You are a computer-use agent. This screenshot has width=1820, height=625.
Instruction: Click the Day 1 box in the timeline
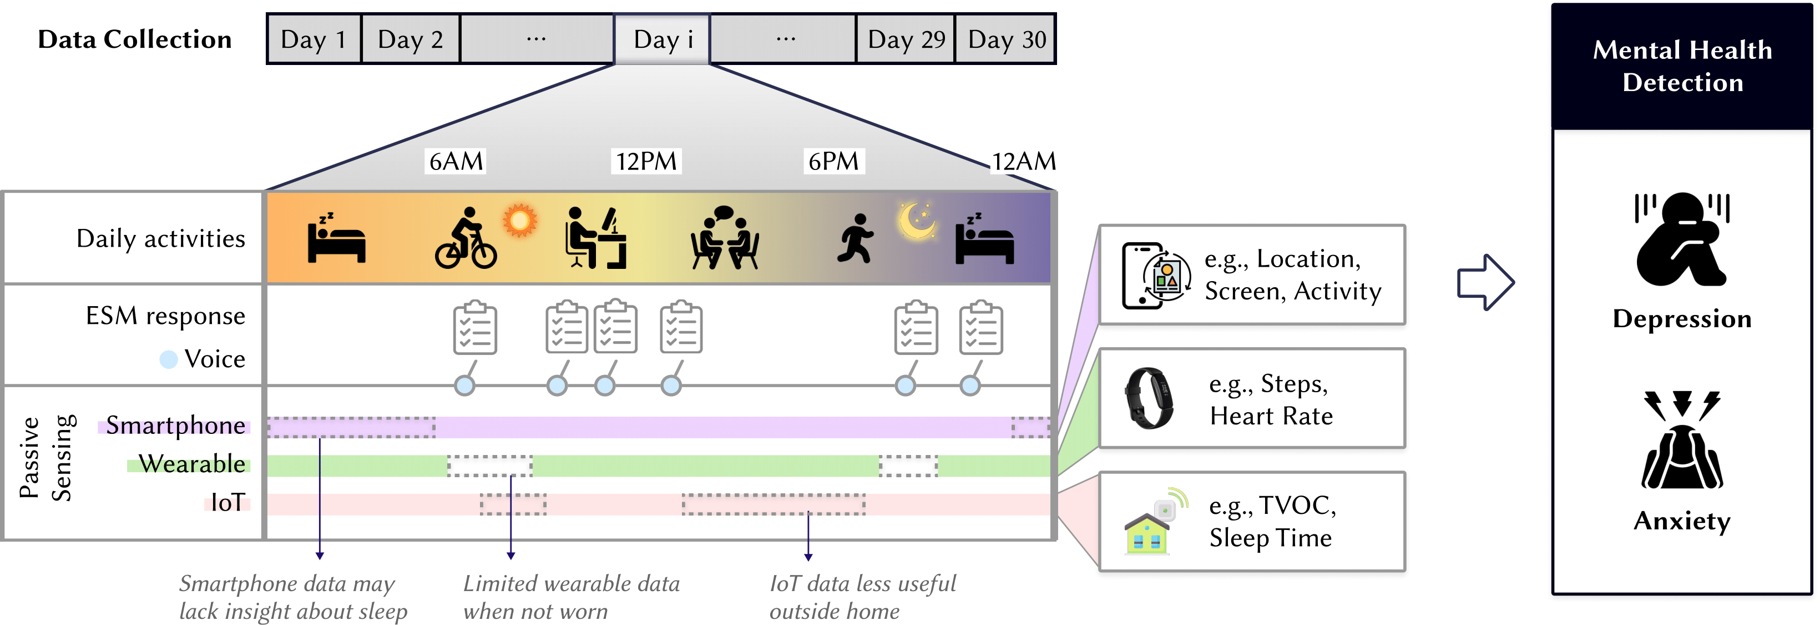[314, 39]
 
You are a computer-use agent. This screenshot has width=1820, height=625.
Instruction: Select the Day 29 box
[906, 39]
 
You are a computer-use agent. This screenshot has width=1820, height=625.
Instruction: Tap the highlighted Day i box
[662, 39]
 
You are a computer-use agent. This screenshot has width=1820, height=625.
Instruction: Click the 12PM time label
[646, 161]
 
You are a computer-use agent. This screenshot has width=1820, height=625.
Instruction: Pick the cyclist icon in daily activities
[466, 239]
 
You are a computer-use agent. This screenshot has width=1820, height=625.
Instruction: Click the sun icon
[520, 221]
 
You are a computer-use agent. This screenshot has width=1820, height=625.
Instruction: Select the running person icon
[856, 239]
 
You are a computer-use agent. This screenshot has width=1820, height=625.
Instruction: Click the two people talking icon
[725, 239]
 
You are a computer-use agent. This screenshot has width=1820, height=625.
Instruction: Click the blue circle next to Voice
[168, 359]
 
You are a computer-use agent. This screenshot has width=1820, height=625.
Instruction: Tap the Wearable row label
[191, 464]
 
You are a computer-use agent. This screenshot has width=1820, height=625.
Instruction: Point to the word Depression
[1681, 319]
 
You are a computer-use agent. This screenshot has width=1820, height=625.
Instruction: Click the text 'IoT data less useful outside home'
[862, 597]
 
